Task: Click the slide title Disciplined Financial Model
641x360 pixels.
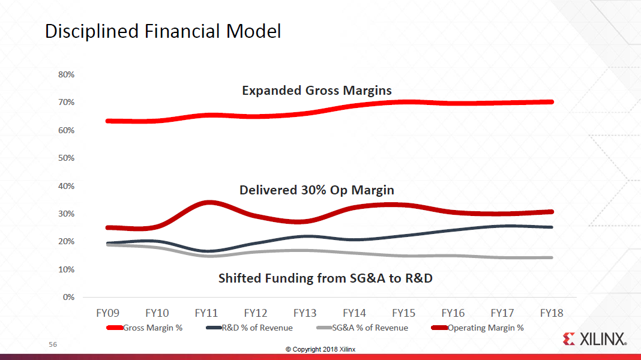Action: coord(163,31)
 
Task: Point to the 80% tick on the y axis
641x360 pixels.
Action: coord(66,74)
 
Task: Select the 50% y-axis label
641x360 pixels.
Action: coord(66,158)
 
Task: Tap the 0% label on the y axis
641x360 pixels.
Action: coord(68,297)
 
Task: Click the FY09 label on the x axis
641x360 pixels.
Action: coord(108,313)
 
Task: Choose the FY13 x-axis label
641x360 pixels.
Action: coord(305,313)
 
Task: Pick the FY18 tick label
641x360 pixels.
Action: coord(551,313)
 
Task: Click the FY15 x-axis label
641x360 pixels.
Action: coord(403,313)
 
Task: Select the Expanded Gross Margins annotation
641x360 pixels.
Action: coord(316,91)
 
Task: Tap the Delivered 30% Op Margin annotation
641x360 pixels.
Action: coord(316,190)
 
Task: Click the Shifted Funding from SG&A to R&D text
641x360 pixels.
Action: coord(325,278)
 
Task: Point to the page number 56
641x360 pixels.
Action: coord(53,345)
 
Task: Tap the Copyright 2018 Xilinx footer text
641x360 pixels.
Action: coord(320,349)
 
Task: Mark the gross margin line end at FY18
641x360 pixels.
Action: coord(550,102)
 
